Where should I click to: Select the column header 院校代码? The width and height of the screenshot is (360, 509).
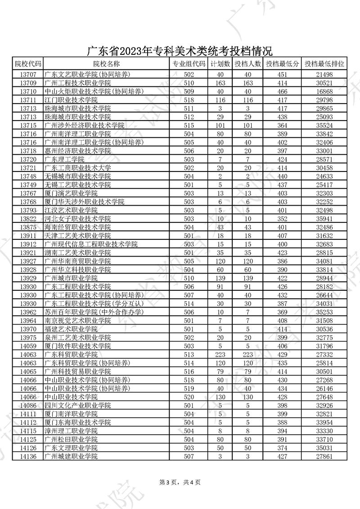click(x=28, y=64)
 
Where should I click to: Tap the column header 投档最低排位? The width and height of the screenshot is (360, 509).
click(x=324, y=64)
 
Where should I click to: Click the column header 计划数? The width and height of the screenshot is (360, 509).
click(x=220, y=64)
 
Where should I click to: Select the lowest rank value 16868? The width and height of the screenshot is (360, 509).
click(x=324, y=91)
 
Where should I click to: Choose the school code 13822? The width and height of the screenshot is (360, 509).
click(x=28, y=219)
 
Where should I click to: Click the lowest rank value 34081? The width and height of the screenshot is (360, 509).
click(x=324, y=261)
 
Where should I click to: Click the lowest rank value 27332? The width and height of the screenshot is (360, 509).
click(x=324, y=355)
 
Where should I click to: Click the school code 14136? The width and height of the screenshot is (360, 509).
click(x=28, y=456)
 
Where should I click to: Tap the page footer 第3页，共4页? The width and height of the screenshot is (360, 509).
click(x=180, y=482)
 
